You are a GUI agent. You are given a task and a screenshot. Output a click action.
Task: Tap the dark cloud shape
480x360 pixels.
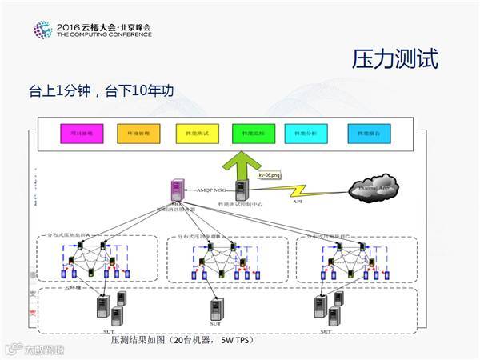[x=376, y=187]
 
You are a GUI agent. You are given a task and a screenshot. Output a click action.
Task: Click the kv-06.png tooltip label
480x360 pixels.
[x=270, y=174]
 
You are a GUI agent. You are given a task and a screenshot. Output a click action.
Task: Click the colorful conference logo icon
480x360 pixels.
[x=42, y=30]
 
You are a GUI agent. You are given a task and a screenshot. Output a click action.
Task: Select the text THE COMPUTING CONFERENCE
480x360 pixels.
[x=103, y=35]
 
